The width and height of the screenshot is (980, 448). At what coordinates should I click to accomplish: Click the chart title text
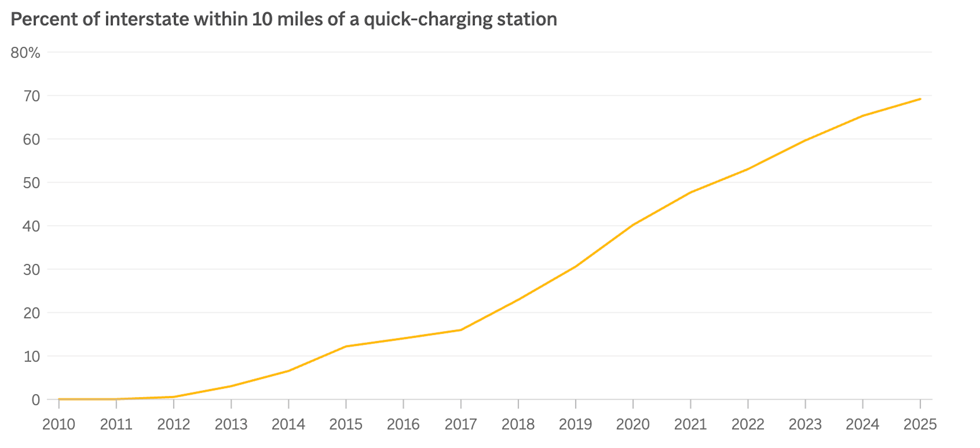click(x=284, y=19)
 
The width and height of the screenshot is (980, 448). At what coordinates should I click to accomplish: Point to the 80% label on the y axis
click(x=25, y=53)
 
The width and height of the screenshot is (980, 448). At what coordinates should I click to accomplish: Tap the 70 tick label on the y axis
click(x=32, y=96)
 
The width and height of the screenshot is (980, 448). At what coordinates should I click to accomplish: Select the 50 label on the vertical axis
click(x=31, y=183)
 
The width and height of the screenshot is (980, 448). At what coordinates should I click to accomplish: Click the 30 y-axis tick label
click(x=31, y=270)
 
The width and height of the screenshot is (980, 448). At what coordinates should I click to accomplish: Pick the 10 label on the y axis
click(x=32, y=356)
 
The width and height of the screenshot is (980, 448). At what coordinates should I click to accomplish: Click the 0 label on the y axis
click(x=35, y=400)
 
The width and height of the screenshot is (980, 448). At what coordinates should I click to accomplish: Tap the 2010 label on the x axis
click(x=58, y=424)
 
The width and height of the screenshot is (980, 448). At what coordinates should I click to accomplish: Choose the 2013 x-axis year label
click(x=231, y=424)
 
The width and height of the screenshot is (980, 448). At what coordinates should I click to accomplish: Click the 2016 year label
click(x=403, y=424)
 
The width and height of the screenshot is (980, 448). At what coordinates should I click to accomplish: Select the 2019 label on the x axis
click(x=575, y=424)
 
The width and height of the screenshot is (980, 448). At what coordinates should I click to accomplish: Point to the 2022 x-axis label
click(x=747, y=424)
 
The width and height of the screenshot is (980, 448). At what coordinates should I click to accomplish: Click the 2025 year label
click(x=920, y=424)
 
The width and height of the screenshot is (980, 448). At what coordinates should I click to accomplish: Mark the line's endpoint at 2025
click(x=920, y=99)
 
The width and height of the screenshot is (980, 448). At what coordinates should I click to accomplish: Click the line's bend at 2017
click(x=461, y=330)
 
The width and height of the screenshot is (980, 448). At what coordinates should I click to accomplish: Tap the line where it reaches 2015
click(x=346, y=346)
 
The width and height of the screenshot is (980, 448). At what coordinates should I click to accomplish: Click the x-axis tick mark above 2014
click(x=288, y=404)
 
